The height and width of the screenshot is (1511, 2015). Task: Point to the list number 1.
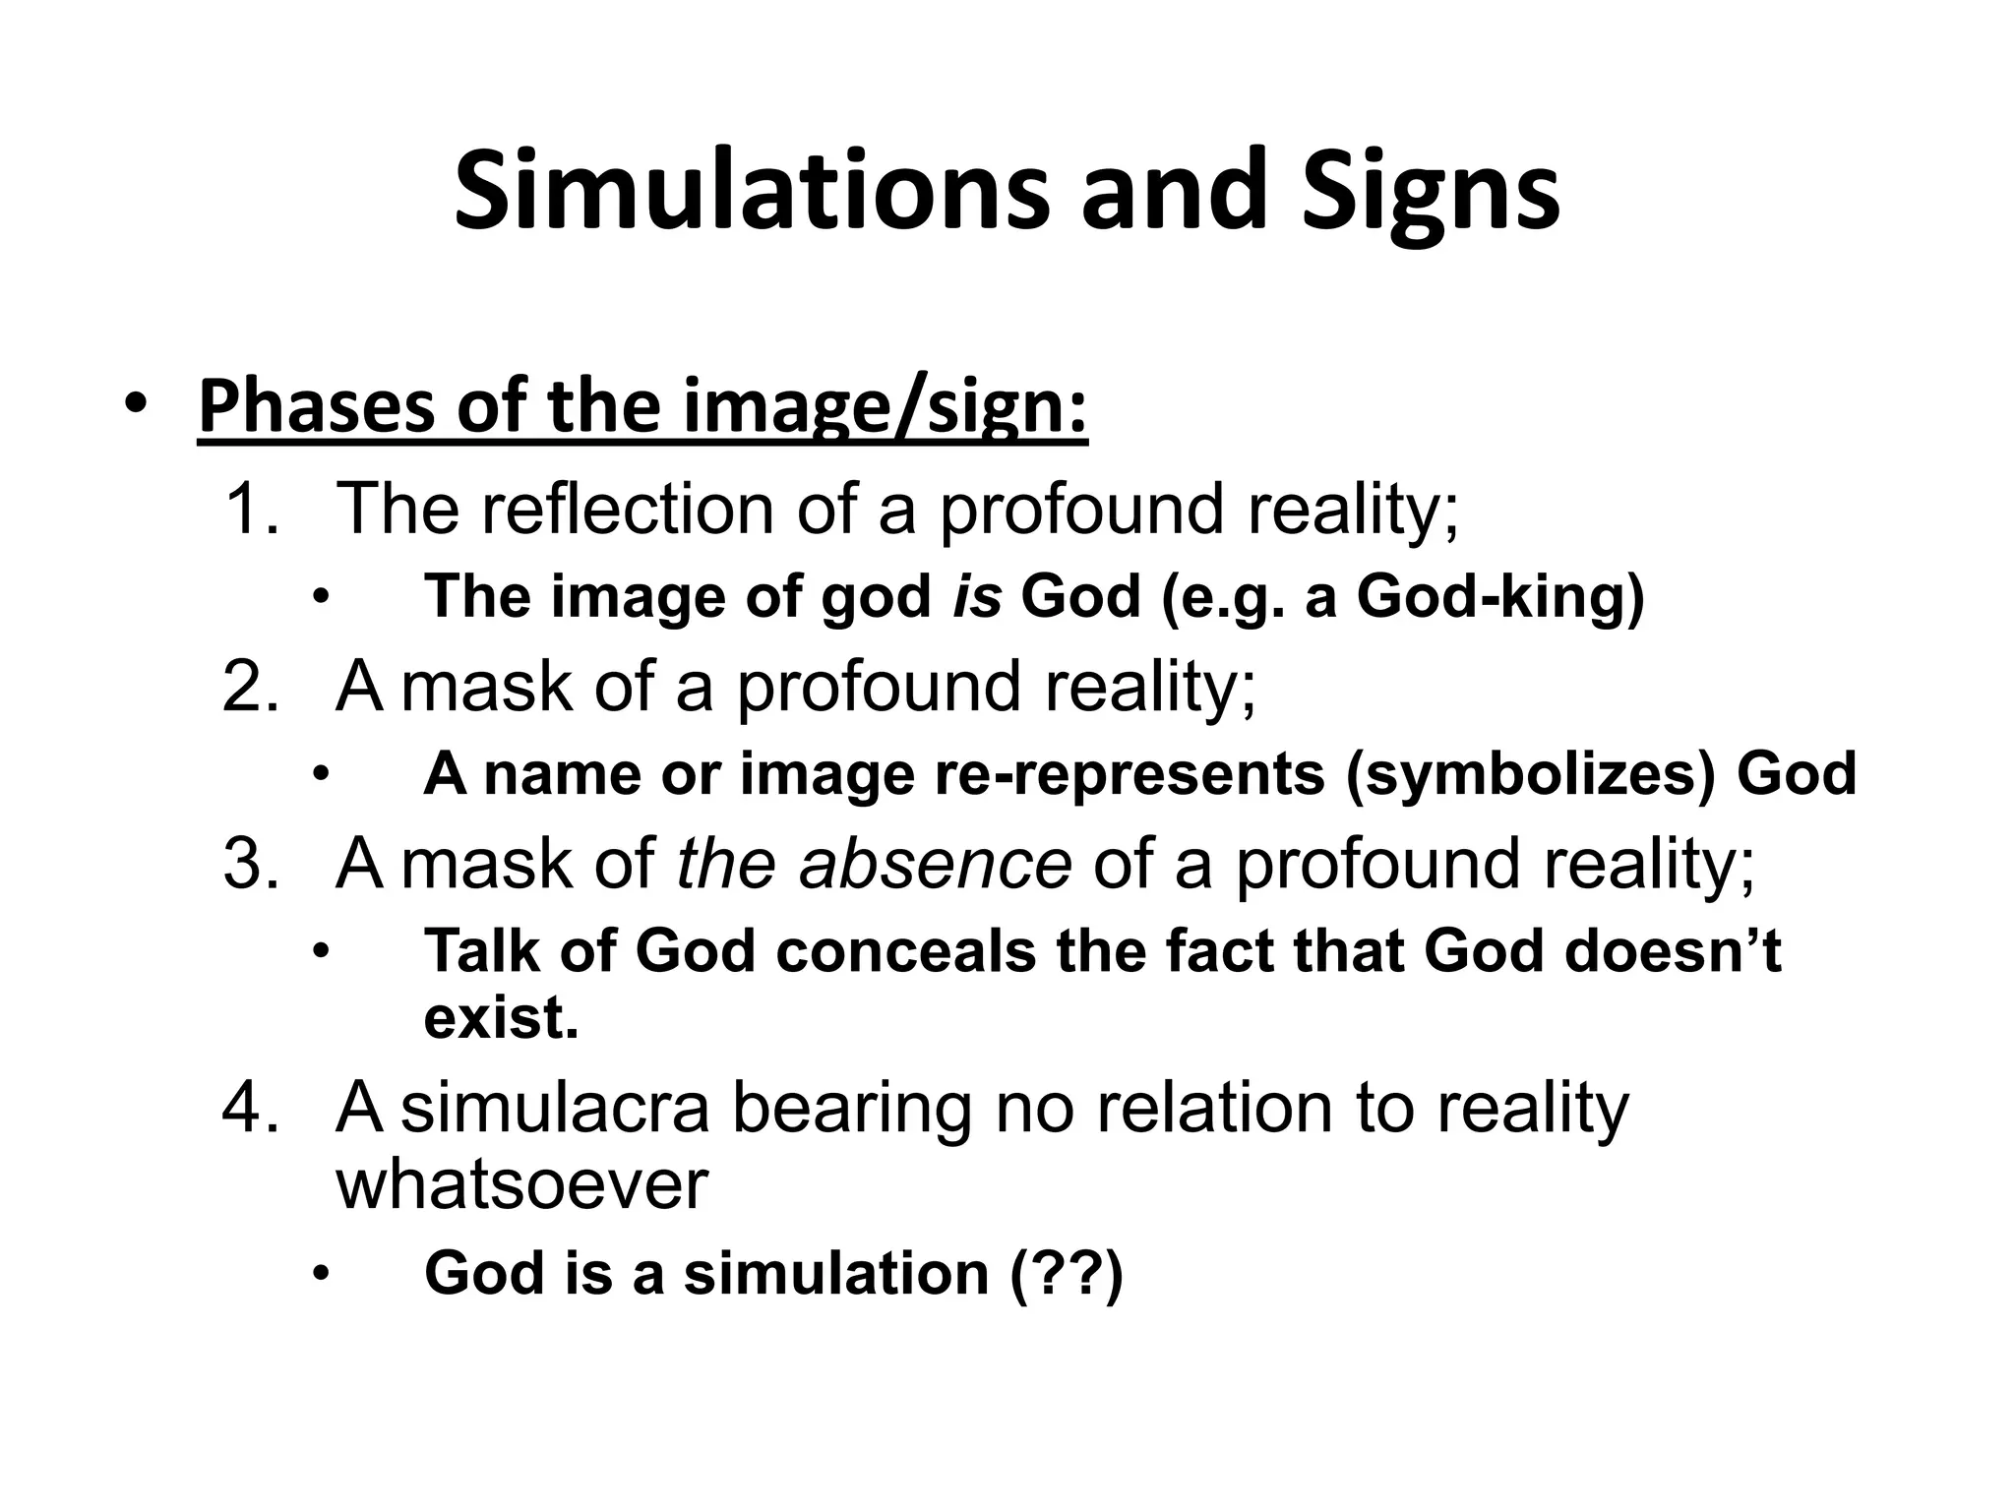pyautogui.click(x=251, y=509)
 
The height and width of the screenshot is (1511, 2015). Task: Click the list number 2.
pyautogui.click(x=250, y=686)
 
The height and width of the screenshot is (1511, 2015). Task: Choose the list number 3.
pyautogui.click(x=250, y=864)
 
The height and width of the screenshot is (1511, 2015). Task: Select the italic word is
pyautogui.click(x=977, y=596)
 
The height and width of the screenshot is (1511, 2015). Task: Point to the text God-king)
pyautogui.click(x=1499, y=597)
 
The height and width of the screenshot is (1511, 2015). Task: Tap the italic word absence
pyautogui.click(x=934, y=864)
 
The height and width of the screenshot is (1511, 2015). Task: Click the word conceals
pyautogui.click(x=905, y=951)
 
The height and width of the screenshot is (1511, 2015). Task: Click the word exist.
pyautogui.click(x=501, y=1017)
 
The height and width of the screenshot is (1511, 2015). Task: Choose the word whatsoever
pyautogui.click(x=521, y=1183)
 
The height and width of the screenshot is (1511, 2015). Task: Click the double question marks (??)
pyautogui.click(x=1067, y=1273)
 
